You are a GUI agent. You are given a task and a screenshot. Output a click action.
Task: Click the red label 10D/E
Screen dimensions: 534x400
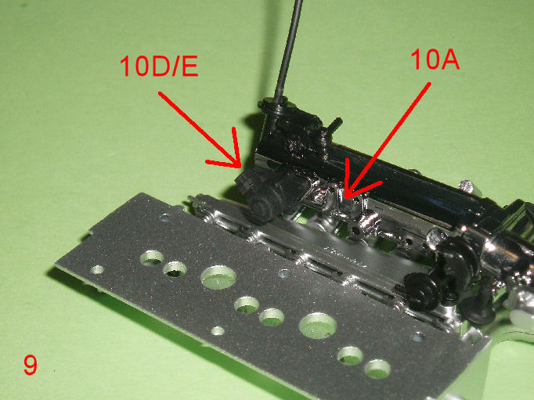click(x=159, y=66)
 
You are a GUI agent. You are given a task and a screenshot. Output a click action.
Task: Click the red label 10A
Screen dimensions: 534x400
click(x=435, y=59)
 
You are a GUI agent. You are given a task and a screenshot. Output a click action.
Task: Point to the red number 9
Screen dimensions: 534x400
click(x=30, y=365)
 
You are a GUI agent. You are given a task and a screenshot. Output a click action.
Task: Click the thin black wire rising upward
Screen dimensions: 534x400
click(x=289, y=51)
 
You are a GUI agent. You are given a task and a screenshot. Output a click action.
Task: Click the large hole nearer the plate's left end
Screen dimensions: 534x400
click(x=218, y=277)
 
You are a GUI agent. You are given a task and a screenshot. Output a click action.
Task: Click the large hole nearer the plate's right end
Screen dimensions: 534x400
click(x=317, y=325)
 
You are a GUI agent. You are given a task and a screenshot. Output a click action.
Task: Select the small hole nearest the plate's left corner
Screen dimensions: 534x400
click(x=97, y=270)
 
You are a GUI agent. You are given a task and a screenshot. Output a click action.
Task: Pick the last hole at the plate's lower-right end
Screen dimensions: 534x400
click(x=377, y=369)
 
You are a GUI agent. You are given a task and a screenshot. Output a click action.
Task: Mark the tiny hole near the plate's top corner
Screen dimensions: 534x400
click(x=165, y=217)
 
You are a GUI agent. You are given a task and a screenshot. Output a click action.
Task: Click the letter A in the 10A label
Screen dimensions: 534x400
click(x=449, y=59)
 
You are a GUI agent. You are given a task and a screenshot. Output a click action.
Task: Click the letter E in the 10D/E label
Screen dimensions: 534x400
click(x=190, y=66)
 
